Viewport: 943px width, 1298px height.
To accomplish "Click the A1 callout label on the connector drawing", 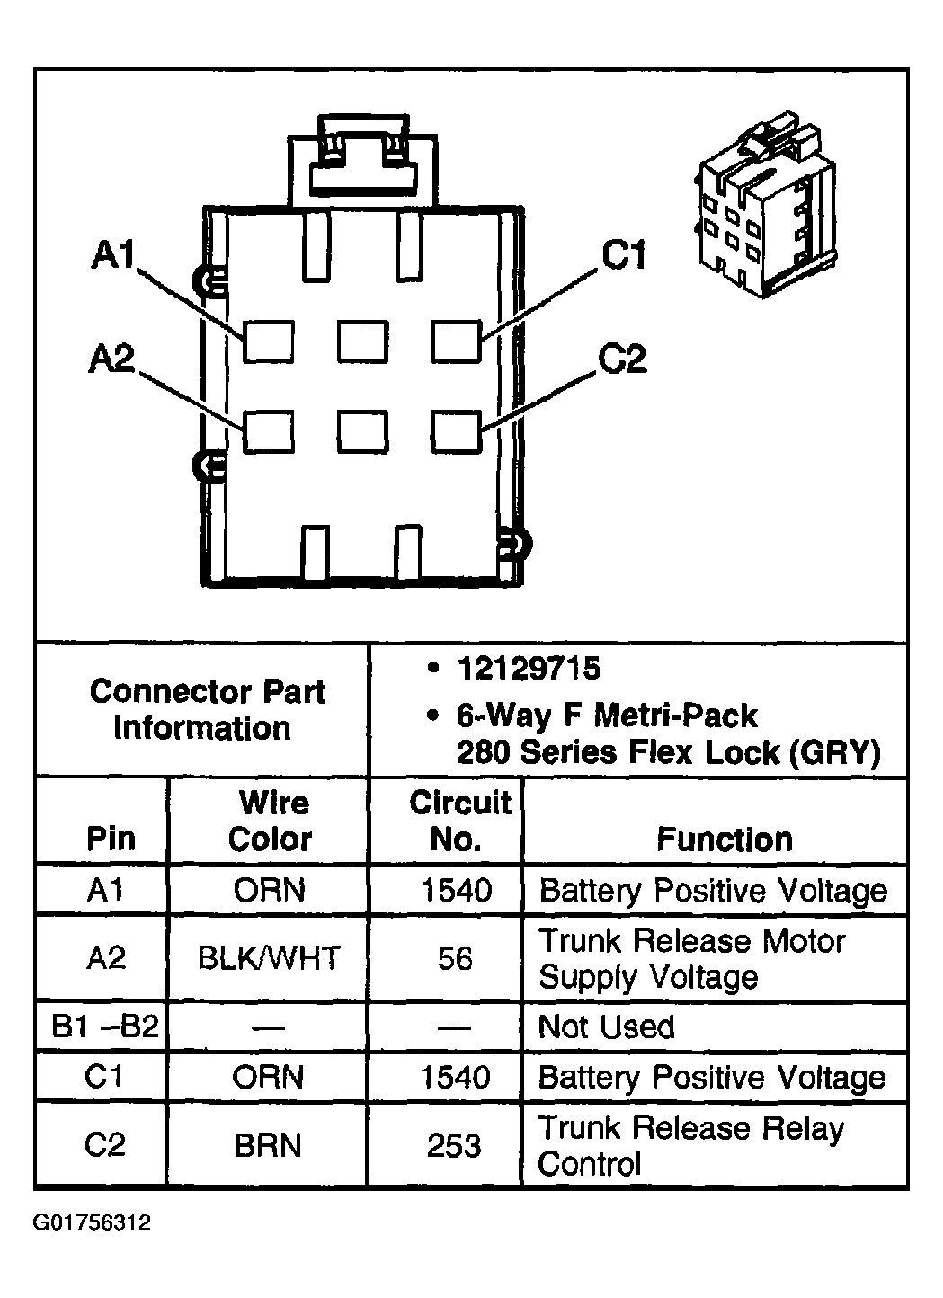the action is point(113,254).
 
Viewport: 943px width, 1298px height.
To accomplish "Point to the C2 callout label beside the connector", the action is point(622,359).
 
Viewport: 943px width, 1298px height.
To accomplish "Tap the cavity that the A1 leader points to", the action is point(269,342).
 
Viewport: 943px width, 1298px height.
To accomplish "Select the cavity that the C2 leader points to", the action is point(456,431).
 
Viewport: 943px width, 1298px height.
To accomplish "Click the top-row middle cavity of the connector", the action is point(363,342).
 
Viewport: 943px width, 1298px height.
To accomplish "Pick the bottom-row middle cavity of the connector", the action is point(363,431).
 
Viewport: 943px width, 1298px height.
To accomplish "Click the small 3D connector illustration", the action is point(764,204).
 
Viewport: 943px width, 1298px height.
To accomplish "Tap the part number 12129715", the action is point(529,669).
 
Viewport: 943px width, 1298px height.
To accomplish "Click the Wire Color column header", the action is point(271,821).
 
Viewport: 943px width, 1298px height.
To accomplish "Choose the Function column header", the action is point(725,840).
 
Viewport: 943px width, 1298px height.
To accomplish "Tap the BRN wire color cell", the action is point(268,1145).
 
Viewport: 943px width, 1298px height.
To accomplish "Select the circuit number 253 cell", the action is point(454,1145).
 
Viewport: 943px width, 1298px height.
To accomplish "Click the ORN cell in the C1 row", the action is point(268,1078).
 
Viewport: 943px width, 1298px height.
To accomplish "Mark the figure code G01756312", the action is point(93,1222).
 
